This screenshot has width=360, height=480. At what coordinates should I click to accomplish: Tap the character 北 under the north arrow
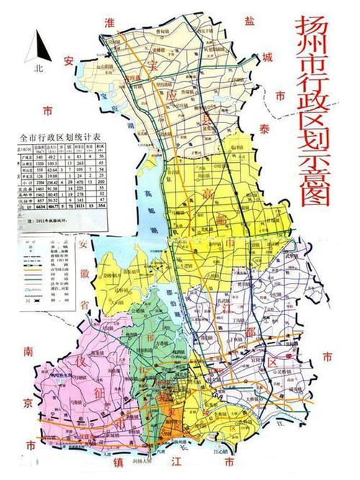click(x=37, y=70)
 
